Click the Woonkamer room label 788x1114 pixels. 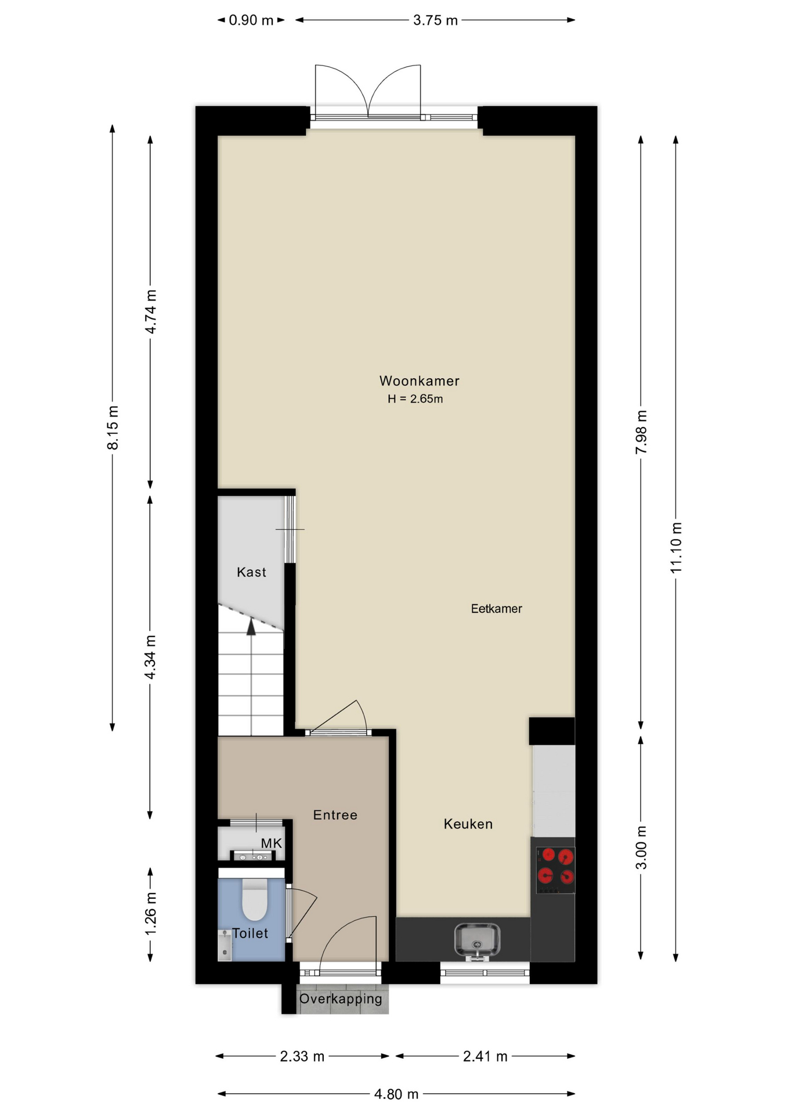[x=419, y=381]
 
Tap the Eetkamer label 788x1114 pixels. [x=496, y=609]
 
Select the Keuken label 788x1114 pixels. [x=468, y=824]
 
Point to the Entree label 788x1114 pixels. [x=335, y=815]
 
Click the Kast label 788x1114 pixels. [x=251, y=572]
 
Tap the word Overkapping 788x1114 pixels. [x=341, y=999]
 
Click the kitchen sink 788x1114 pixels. [x=477, y=941]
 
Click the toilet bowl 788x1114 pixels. [x=254, y=899]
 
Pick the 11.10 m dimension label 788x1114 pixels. [x=676, y=548]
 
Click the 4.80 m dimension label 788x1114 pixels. [x=396, y=1094]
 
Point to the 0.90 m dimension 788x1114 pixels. [x=251, y=20]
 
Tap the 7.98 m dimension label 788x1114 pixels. [x=641, y=432]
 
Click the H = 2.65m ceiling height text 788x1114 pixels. [x=415, y=399]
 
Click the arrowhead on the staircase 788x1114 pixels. [x=251, y=627]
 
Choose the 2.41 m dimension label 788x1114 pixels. [x=485, y=1057]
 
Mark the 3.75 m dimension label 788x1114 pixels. [x=435, y=20]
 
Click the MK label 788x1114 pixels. [x=271, y=844]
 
